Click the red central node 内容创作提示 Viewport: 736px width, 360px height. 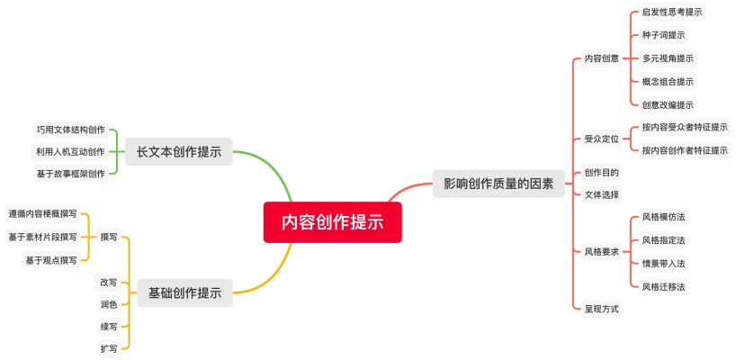pyautogui.click(x=332, y=222)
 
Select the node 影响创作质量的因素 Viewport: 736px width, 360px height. pyautogui.click(x=498, y=184)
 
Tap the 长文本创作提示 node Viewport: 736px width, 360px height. pyautogui.click(x=178, y=151)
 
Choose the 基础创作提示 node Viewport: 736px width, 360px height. pyautogui.click(x=184, y=292)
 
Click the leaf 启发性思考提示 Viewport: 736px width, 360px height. pyautogui.click(x=672, y=12)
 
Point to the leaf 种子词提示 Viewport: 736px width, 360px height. pyautogui.click(x=663, y=35)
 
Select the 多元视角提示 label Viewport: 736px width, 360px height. pyautogui.click(x=668, y=58)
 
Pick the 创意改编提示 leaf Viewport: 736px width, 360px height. pyautogui.click(x=668, y=104)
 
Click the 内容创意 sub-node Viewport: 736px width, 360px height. pyautogui.click(x=601, y=58)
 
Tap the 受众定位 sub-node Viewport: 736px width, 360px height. pyautogui.click(x=601, y=139)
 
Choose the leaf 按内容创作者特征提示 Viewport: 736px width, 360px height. pyautogui.click(x=685, y=150)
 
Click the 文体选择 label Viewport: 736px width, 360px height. pyautogui.click(x=601, y=194)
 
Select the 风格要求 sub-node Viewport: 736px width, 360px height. pyautogui.click(x=601, y=251)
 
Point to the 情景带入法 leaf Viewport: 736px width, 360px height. pyautogui.click(x=663, y=263)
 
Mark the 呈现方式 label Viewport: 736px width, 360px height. pyautogui.click(x=601, y=309)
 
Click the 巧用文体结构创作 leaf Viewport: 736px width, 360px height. pyautogui.click(x=70, y=129)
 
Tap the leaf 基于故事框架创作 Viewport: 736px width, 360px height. pyautogui.click(x=70, y=173)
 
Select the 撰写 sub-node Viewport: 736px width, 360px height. pyautogui.click(x=109, y=237)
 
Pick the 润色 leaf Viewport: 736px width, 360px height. pyautogui.click(x=109, y=304)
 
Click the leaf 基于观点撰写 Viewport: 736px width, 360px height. pyautogui.click(x=51, y=260)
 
